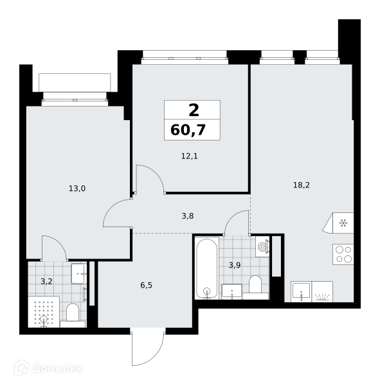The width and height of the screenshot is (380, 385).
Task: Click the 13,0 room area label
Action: [77, 189]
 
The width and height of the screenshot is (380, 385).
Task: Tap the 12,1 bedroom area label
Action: [190, 156]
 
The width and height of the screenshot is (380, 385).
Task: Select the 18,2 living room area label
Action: [302, 185]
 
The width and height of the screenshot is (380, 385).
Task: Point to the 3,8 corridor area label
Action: [188, 216]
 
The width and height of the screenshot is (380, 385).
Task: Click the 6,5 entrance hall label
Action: [146, 286]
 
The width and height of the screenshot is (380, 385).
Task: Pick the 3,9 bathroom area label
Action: [235, 265]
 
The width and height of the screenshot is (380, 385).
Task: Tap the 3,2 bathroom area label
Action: [46, 282]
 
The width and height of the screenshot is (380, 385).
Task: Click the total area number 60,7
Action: [188, 130]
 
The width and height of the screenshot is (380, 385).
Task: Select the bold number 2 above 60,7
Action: [194, 110]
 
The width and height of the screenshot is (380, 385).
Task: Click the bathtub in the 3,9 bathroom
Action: [207, 268]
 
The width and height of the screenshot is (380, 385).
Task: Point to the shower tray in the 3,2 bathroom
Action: [44, 312]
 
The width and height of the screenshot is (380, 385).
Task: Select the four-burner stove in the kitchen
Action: [343, 254]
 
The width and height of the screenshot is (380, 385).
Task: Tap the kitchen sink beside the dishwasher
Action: [302, 291]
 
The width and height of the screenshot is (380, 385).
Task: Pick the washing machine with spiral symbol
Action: [262, 246]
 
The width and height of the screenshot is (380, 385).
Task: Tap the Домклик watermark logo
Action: [48, 368]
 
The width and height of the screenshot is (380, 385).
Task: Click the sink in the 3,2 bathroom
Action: [79, 273]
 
